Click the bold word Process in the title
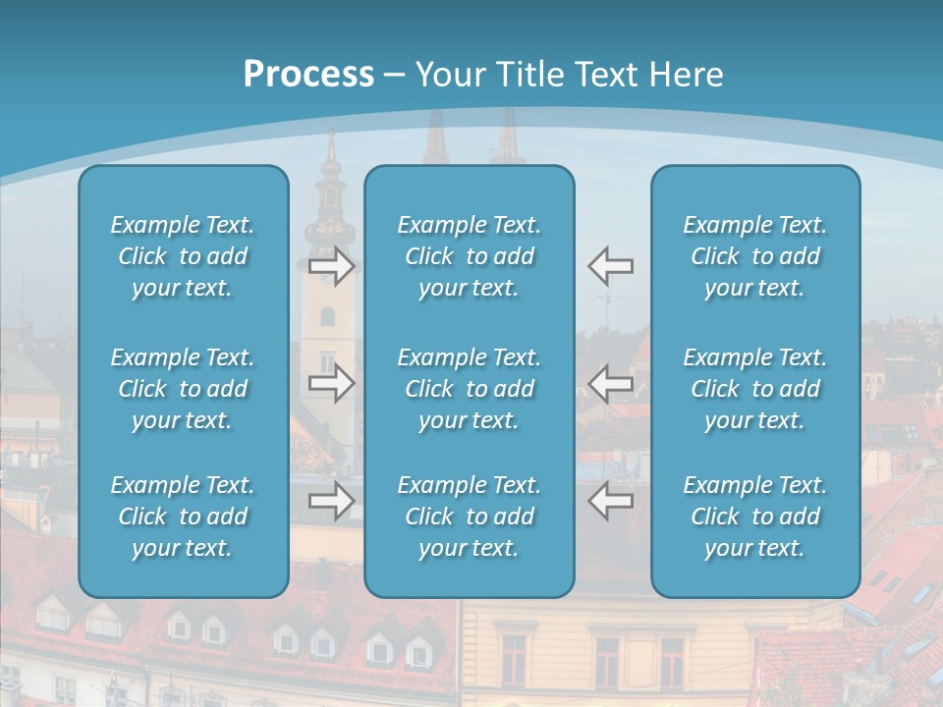click(x=308, y=75)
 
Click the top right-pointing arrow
click(x=331, y=266)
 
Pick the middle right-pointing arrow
click(x=331, y=382)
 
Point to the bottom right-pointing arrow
click(x=331, y=501)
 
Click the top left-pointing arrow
click(x=611, y=266)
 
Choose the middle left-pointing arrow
click(x=611, y=382)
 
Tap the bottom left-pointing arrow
click(x=611, y=501)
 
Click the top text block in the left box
click(x=183, y=256)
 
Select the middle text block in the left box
click(x=183, y=389)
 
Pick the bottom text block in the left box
click(x=183, y=517)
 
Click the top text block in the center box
click(x=470, y=256)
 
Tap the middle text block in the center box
click(x=470, y=389)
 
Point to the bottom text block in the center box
click(x=470, y=517)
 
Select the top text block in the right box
click(x=755, y=256)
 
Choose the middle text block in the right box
click(x=755, y=389)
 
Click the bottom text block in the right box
click(x=755, y=517)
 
